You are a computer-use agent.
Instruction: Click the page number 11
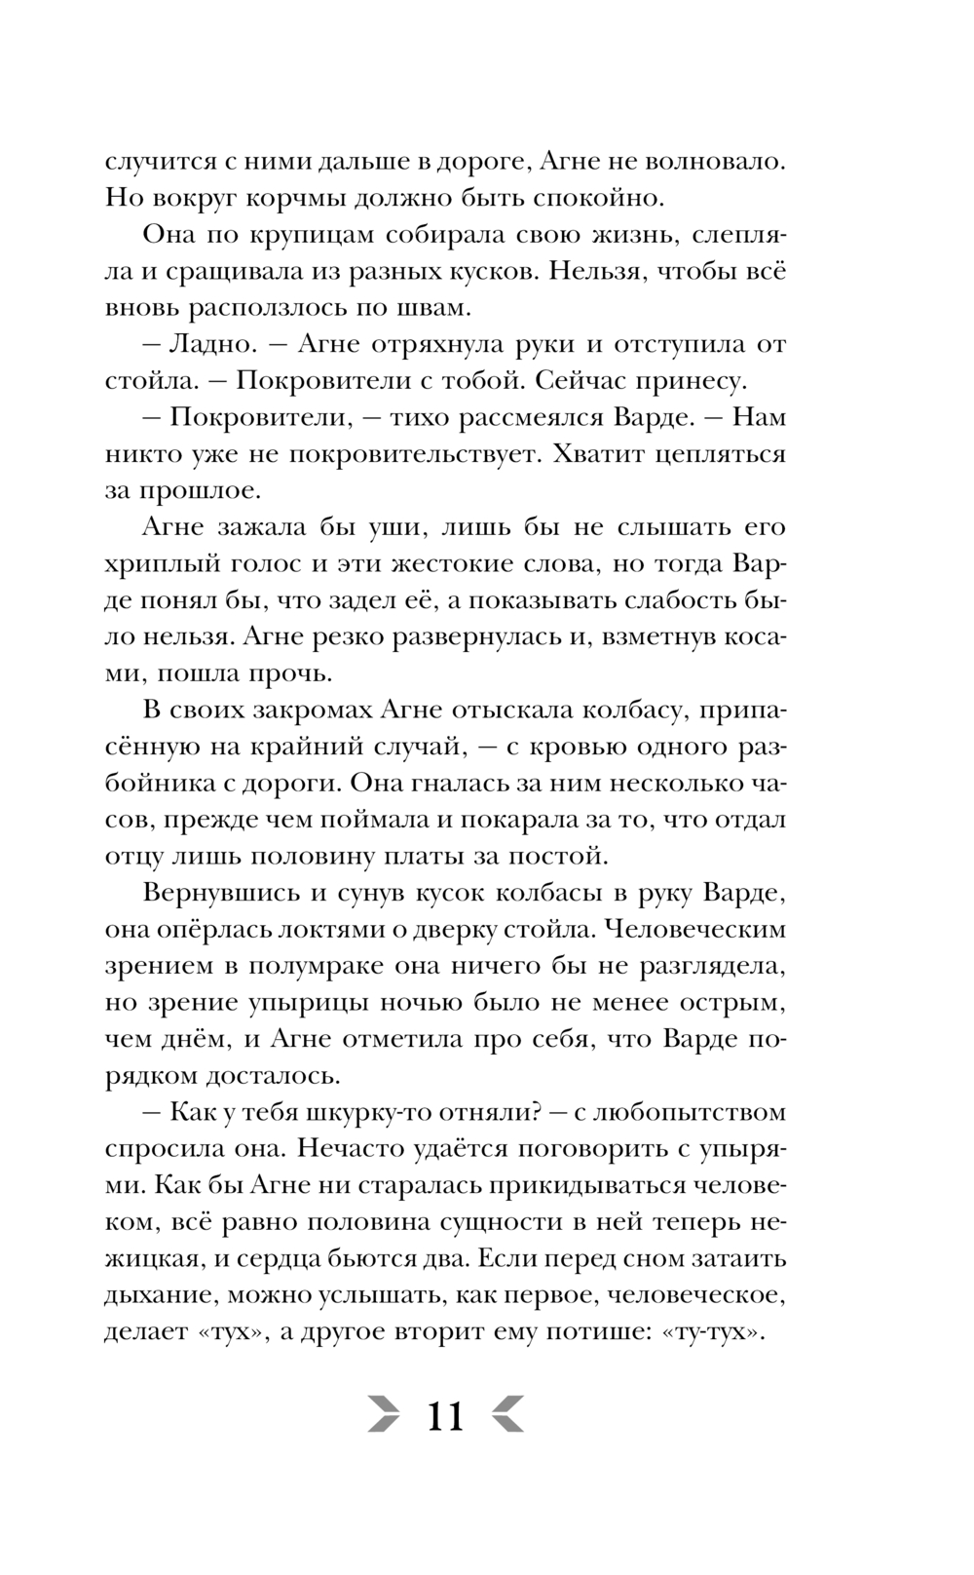[x=445, y=1415]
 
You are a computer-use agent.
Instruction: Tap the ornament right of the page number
[x=508, y=1415]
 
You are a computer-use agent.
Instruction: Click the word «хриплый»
[x=152, y=564]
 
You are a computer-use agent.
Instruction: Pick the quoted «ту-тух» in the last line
[x=711, y=1332]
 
